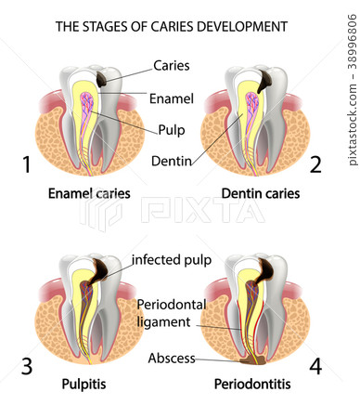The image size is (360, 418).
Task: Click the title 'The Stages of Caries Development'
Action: point(172,27)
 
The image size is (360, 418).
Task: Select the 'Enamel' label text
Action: point(172,98)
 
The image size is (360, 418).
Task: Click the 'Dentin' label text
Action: point(172,162)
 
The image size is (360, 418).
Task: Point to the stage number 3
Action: point(27,366)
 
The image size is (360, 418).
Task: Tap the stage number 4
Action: point(316,366)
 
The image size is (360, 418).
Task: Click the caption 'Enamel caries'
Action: point(88,194)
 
